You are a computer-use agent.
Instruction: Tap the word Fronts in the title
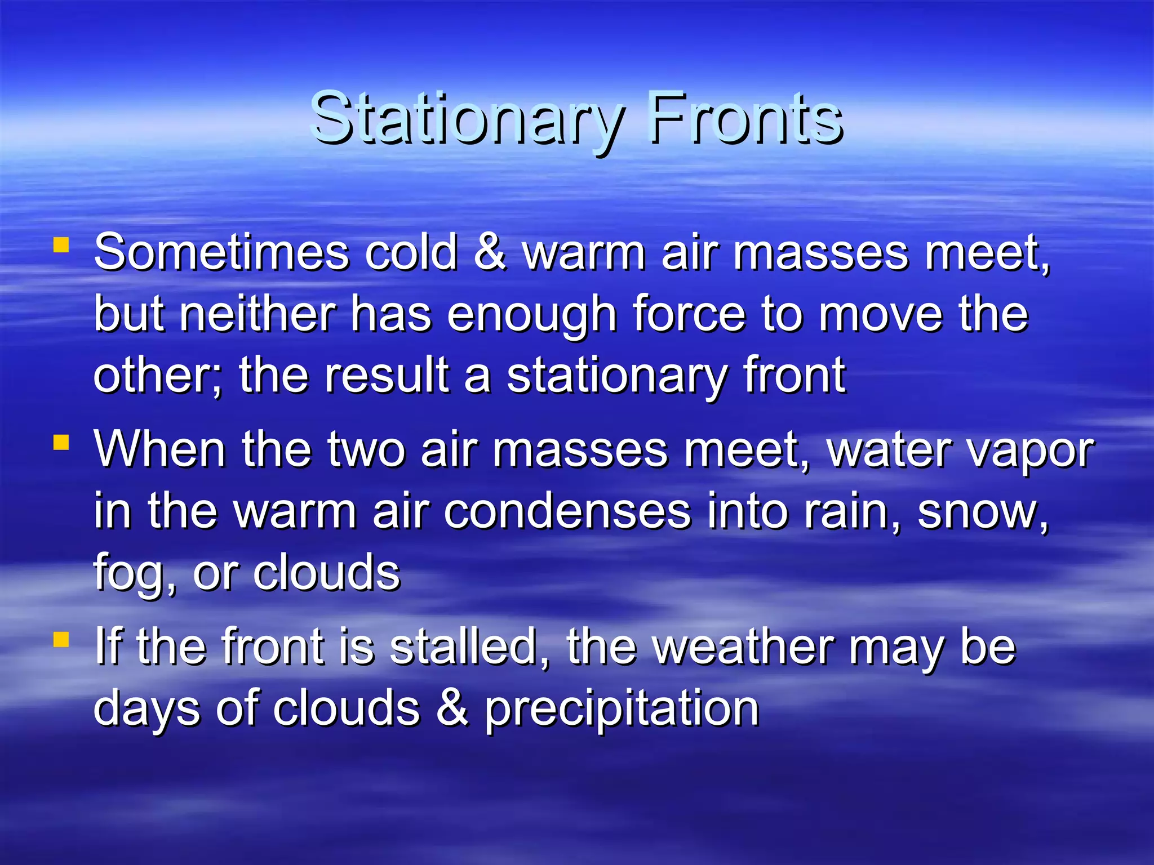(745, 119)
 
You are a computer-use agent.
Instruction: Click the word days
(147, 710)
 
